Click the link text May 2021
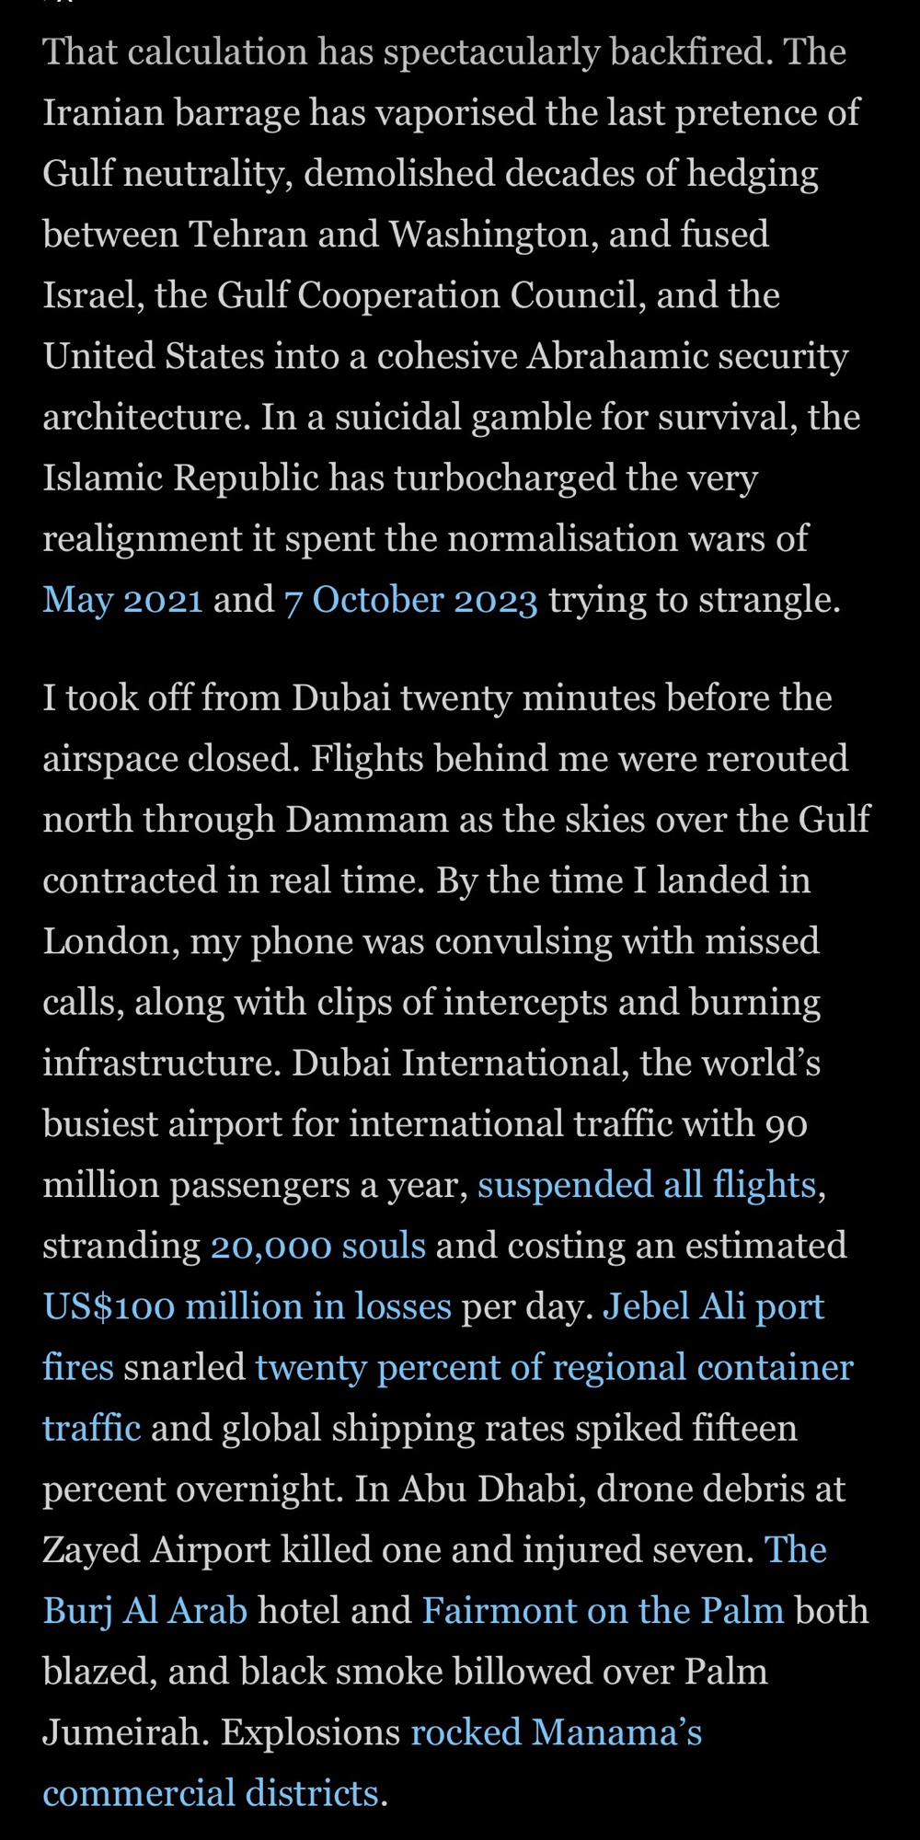(122, 600)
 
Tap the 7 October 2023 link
(410, 600)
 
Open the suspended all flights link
(646, 1185)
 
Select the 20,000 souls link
(317, 1246)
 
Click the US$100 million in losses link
(247, 1306)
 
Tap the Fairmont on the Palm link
(603, 1611)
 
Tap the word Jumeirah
(127, 1733)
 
